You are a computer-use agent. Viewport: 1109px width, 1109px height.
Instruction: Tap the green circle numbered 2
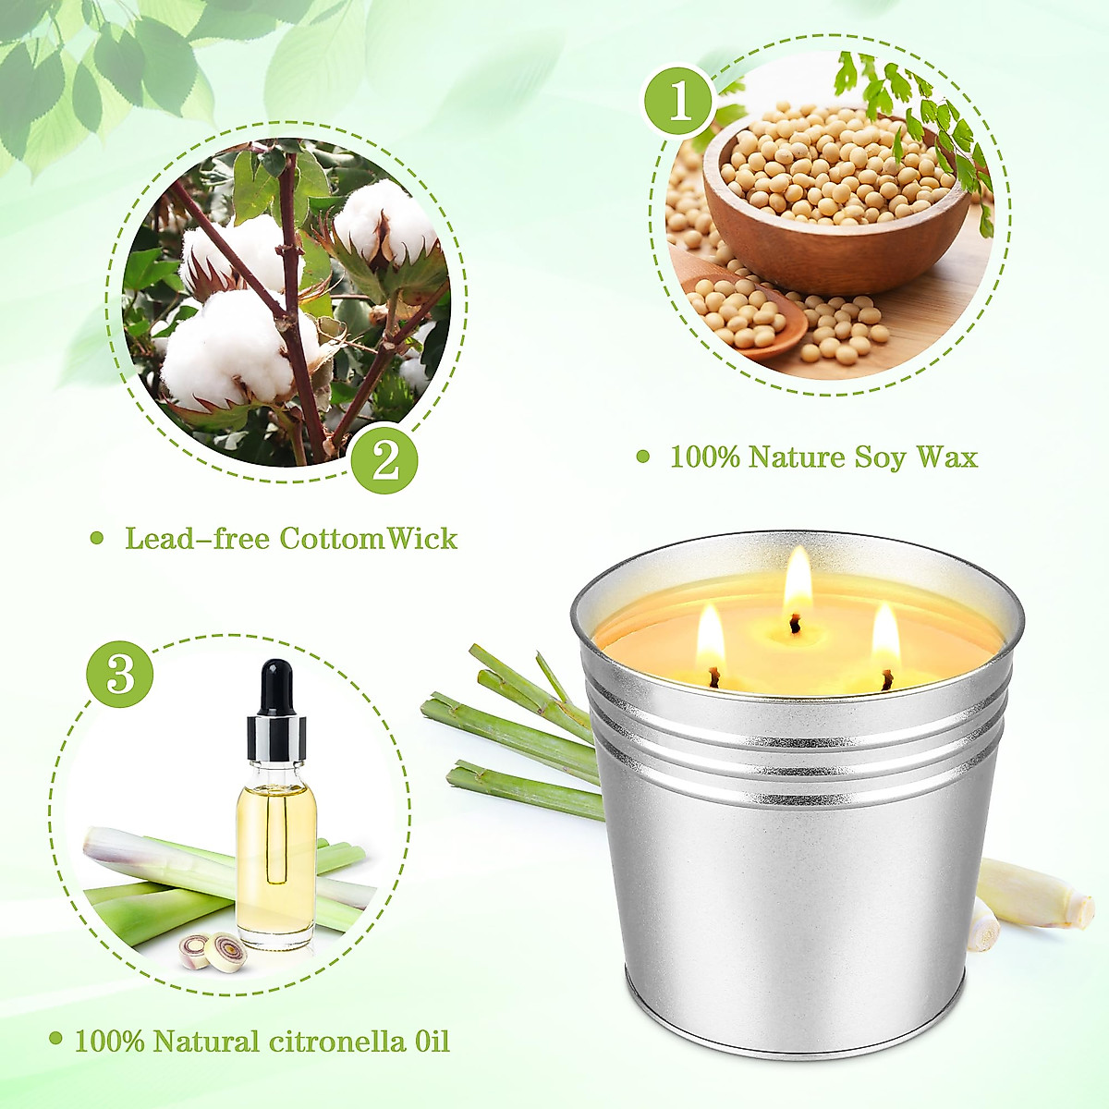point(384,459)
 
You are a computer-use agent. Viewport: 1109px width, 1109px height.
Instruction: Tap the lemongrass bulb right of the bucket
point(1035,895)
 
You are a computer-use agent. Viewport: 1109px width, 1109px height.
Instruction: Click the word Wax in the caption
point(946,457)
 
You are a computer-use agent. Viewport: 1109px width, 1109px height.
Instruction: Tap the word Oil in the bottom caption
point(427,1042)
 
